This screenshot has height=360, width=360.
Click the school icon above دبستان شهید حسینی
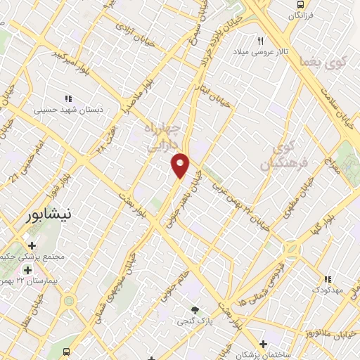point(68,98)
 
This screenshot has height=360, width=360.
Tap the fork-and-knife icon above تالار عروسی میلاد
point(261,41)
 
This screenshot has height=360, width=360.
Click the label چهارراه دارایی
point(162,138)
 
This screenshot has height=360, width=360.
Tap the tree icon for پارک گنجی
point(195,310)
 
